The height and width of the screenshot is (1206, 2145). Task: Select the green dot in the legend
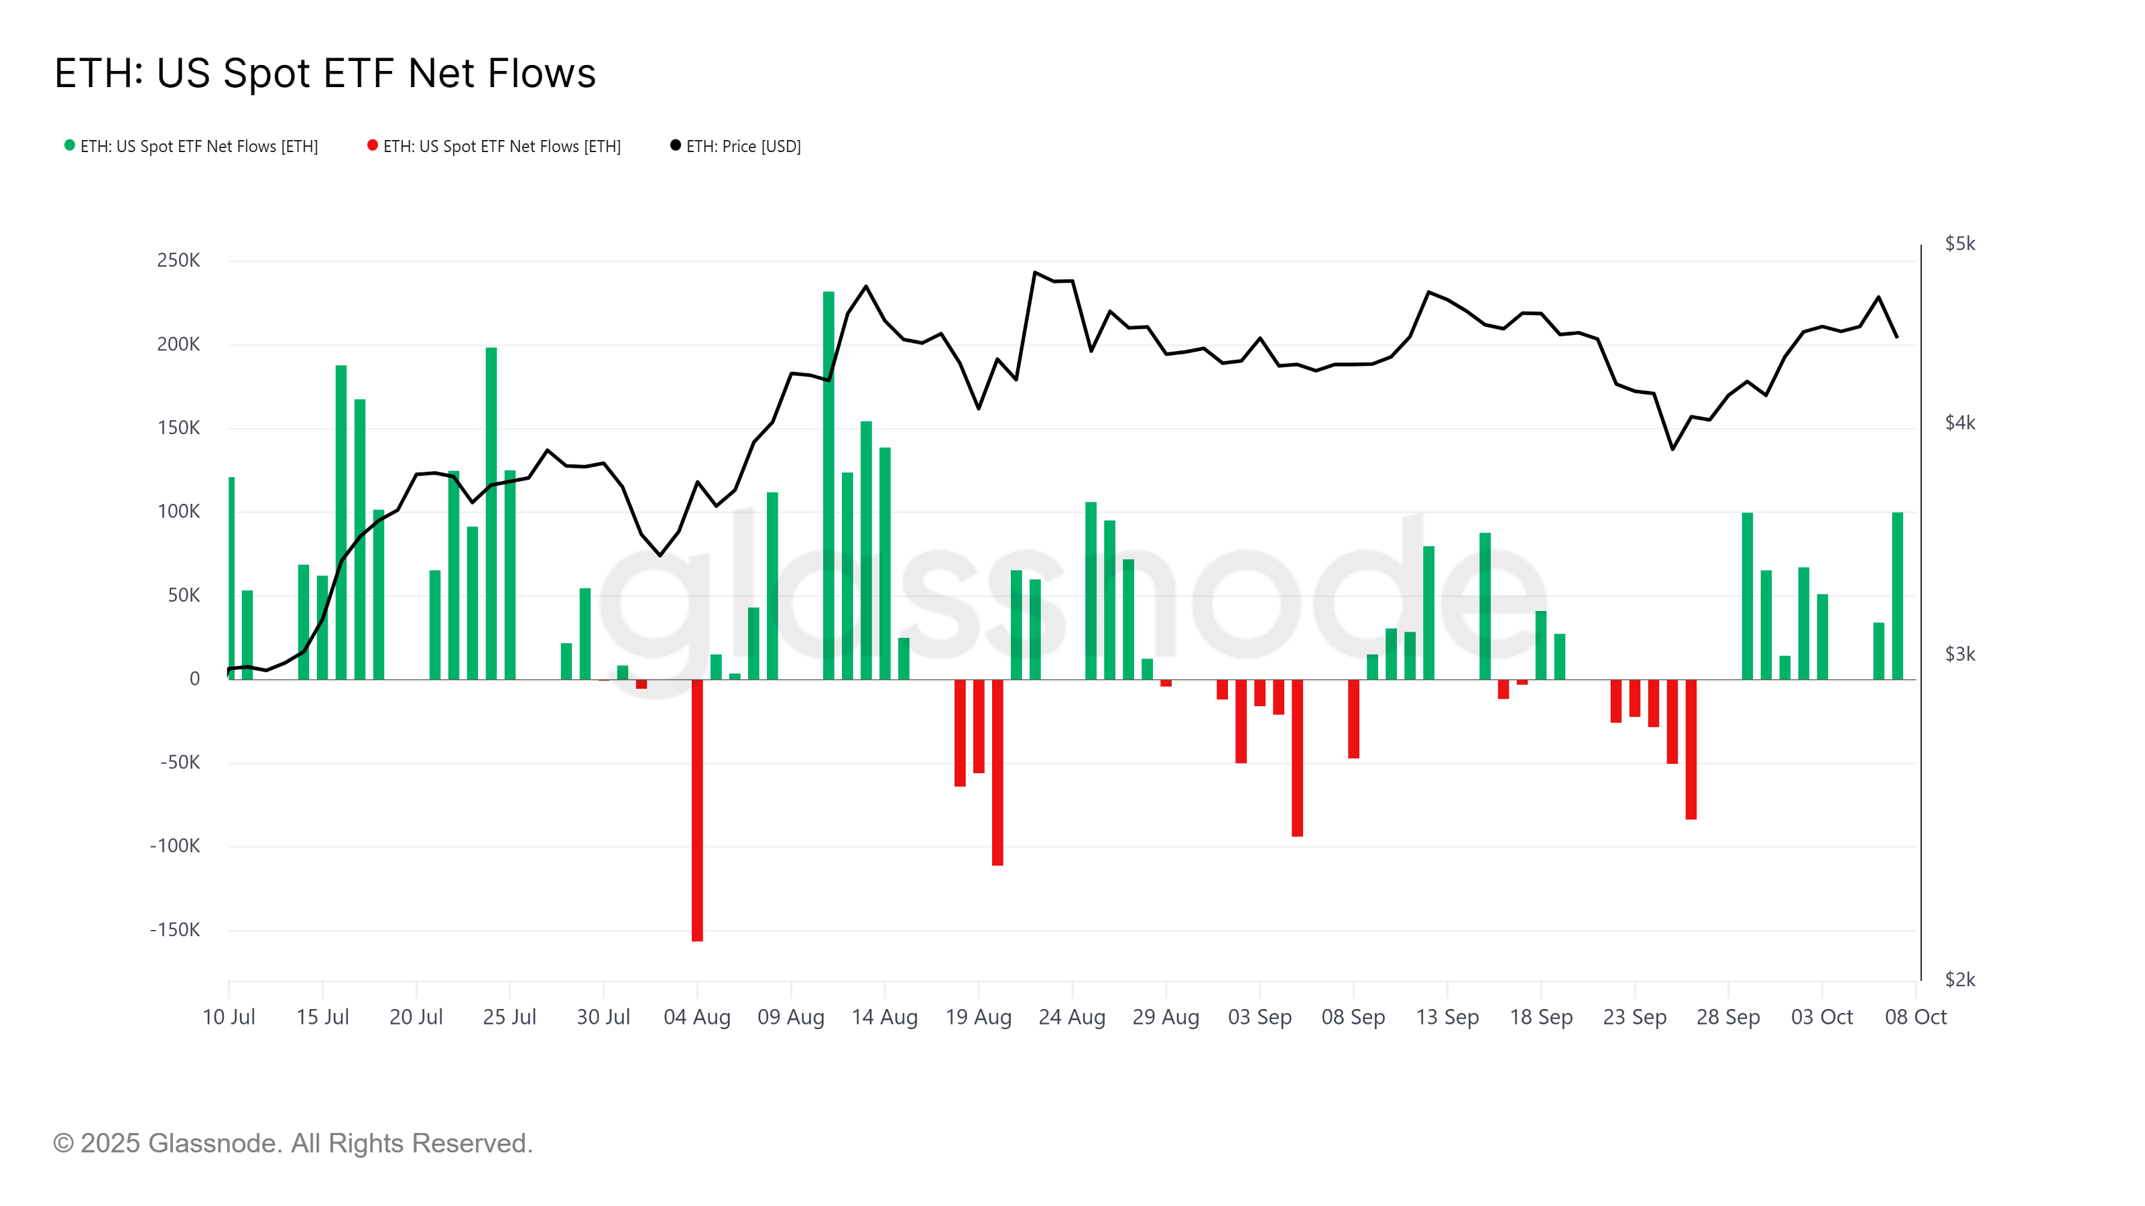tap(70, 145)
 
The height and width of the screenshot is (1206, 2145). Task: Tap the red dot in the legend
tap(372, 145)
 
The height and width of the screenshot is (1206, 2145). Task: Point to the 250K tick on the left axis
tap(178, 261)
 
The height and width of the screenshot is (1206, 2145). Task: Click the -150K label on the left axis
tap(175, 930)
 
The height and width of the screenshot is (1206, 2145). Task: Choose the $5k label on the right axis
tap(1959, 244)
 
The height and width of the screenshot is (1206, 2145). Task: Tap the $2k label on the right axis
tap(1959, 980)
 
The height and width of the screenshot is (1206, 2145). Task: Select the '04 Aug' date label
tap(697, 1017)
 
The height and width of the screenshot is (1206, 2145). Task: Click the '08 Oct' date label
tap(1915, 1017)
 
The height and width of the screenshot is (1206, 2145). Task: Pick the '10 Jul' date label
tap(229, 1017)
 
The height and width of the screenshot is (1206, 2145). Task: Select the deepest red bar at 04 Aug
tap(697, 811)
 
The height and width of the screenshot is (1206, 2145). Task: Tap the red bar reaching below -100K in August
tap(997, 774)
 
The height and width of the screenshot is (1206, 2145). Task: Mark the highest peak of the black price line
tap(1035, 272)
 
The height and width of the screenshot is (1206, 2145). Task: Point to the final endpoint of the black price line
tap(1897, 337)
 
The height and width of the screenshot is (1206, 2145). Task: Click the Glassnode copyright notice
tap(292, 1144)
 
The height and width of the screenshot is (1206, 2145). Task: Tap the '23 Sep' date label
tap(1635, 1017)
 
